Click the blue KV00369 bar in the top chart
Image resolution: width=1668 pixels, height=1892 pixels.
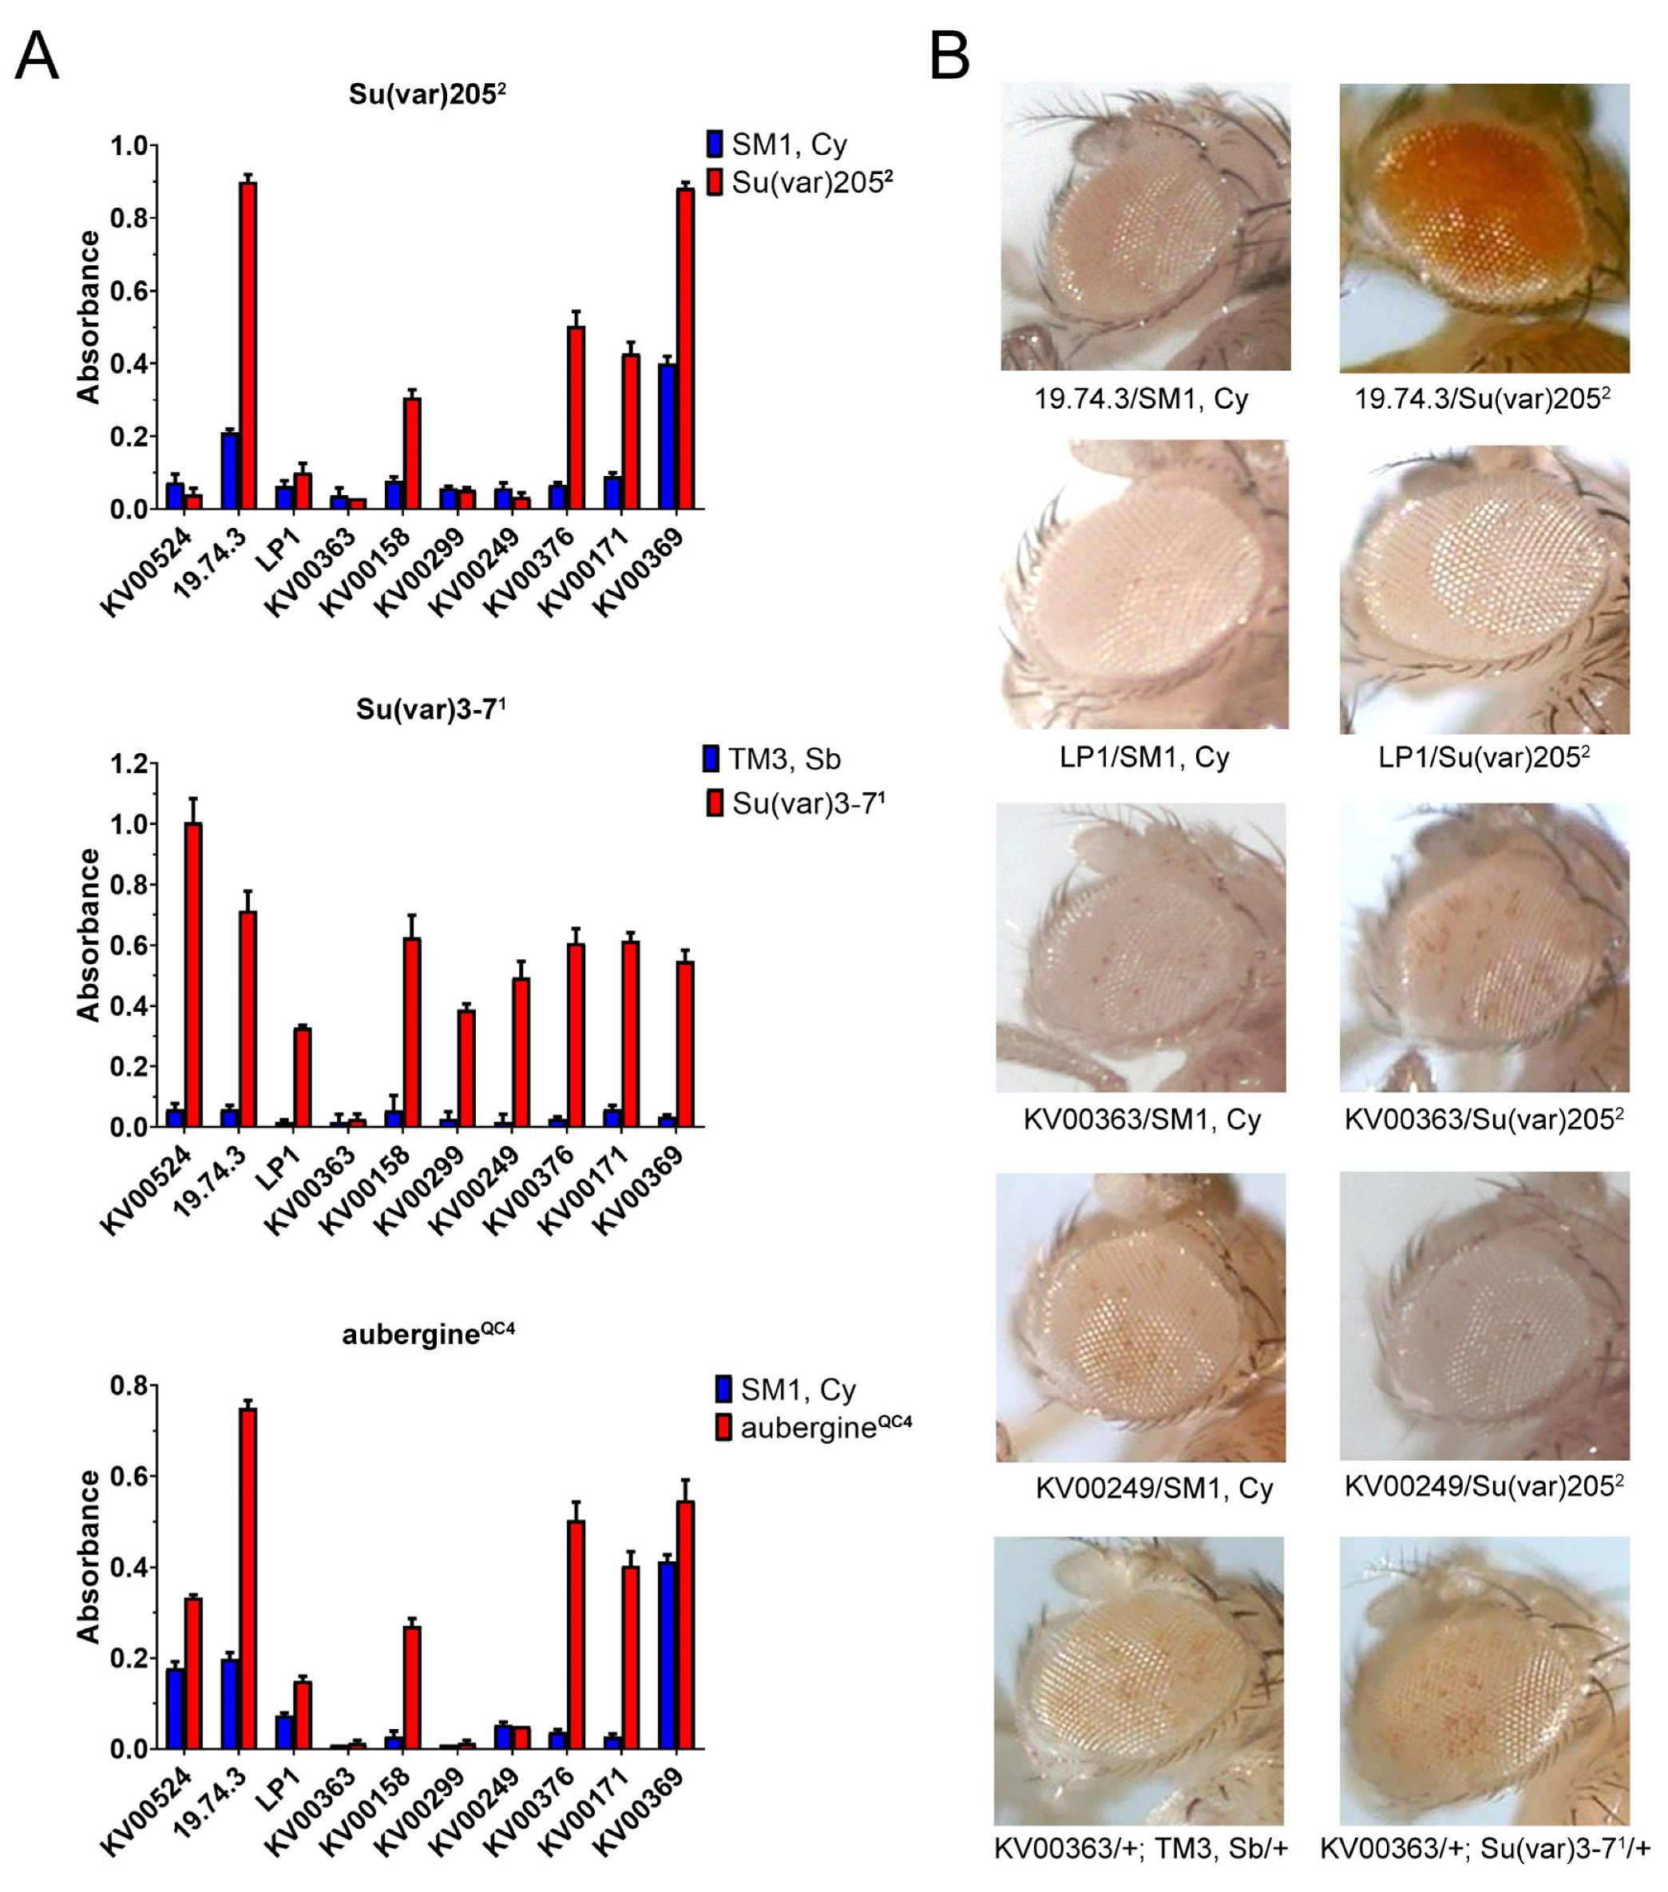[667, 436]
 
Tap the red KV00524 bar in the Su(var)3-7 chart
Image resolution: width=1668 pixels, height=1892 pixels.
[193, 974]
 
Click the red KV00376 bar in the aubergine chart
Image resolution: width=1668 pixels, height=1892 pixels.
[576, 1635]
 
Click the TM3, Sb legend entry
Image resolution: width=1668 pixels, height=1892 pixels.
[772, 759]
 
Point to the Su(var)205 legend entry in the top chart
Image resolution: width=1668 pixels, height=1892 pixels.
[800, 182]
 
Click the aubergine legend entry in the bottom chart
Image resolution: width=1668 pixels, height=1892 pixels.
[814, 1427]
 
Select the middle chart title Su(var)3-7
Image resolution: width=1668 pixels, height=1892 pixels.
[430, 709]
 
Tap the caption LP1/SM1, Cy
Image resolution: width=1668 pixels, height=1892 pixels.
[1144, 757]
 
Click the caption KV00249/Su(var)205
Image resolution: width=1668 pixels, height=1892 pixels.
[1484, 1486]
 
